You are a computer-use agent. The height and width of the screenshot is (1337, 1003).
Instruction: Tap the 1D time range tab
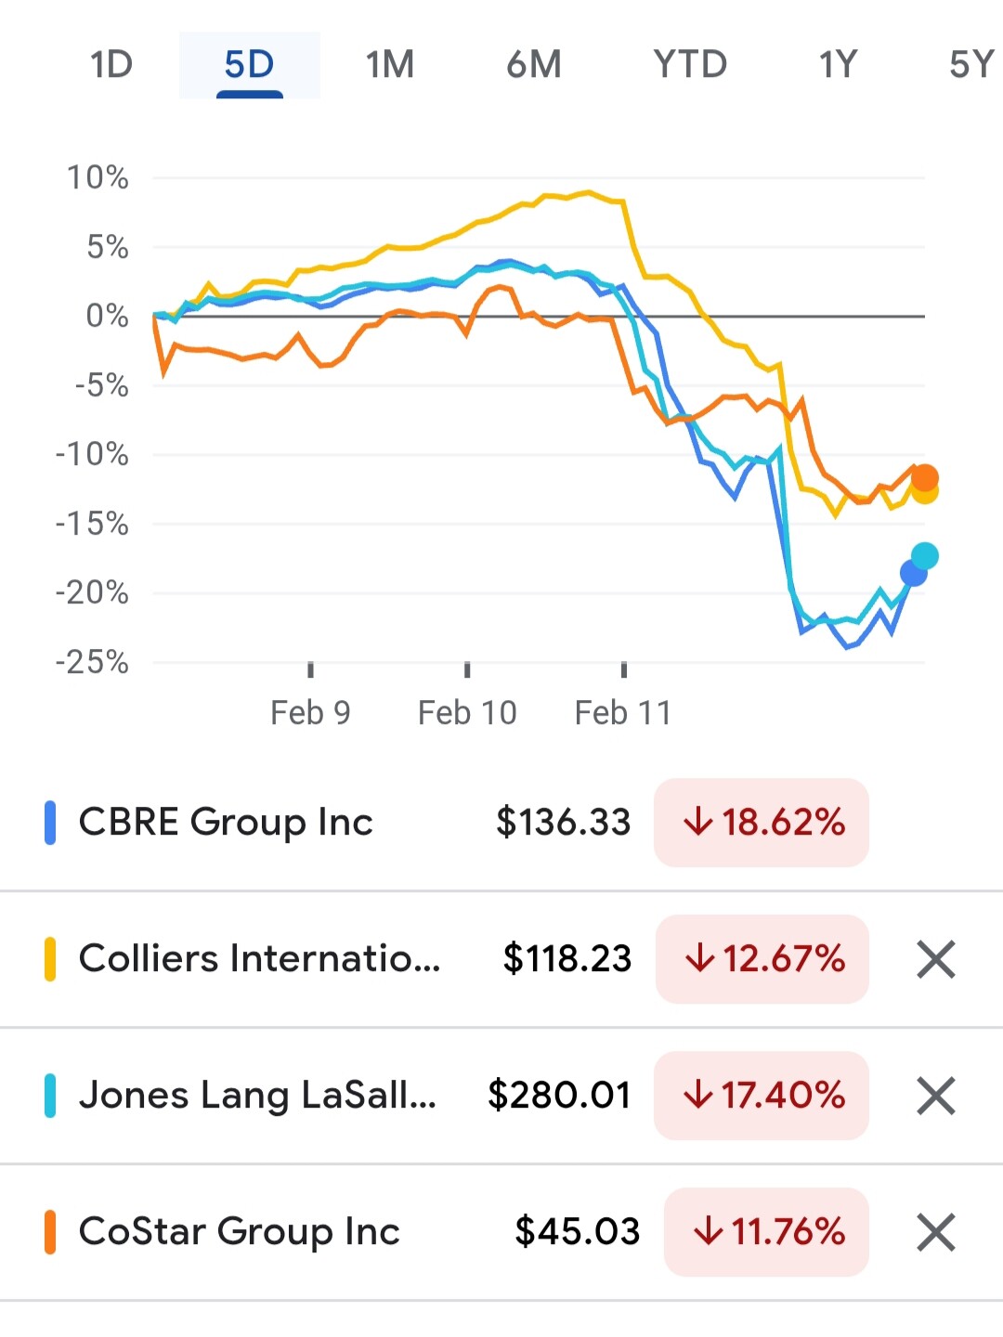111,65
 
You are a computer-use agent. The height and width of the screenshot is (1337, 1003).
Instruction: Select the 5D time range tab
249,65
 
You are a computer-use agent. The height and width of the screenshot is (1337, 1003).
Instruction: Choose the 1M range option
389,65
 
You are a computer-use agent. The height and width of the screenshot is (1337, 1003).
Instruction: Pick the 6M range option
534,65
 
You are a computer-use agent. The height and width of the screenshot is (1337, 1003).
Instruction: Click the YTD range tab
690,65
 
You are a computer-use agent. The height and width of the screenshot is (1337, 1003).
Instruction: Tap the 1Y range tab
837,65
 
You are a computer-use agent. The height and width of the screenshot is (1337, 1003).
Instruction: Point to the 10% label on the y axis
98,177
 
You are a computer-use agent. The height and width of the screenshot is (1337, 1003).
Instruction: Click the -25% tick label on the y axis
92,662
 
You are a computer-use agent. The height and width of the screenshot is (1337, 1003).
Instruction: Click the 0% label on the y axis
107,316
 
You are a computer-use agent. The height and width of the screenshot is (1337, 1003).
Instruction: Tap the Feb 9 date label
310,712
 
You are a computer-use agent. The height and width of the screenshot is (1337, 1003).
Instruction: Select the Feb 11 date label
623,712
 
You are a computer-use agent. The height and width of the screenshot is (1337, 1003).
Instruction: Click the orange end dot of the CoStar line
925,478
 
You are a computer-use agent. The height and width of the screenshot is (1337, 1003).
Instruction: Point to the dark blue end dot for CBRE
914,574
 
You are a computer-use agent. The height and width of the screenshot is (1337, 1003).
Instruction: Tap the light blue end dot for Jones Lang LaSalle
925,556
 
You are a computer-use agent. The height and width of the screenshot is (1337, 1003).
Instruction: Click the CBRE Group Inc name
226,822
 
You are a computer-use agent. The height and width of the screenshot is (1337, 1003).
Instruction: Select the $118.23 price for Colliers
567,958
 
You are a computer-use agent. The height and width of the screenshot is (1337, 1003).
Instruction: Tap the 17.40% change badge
762,1095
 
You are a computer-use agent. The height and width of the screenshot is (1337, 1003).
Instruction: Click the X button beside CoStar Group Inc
935,1232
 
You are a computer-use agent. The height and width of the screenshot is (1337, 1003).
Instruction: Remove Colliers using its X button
935,959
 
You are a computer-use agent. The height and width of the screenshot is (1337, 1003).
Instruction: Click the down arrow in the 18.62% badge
698,822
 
